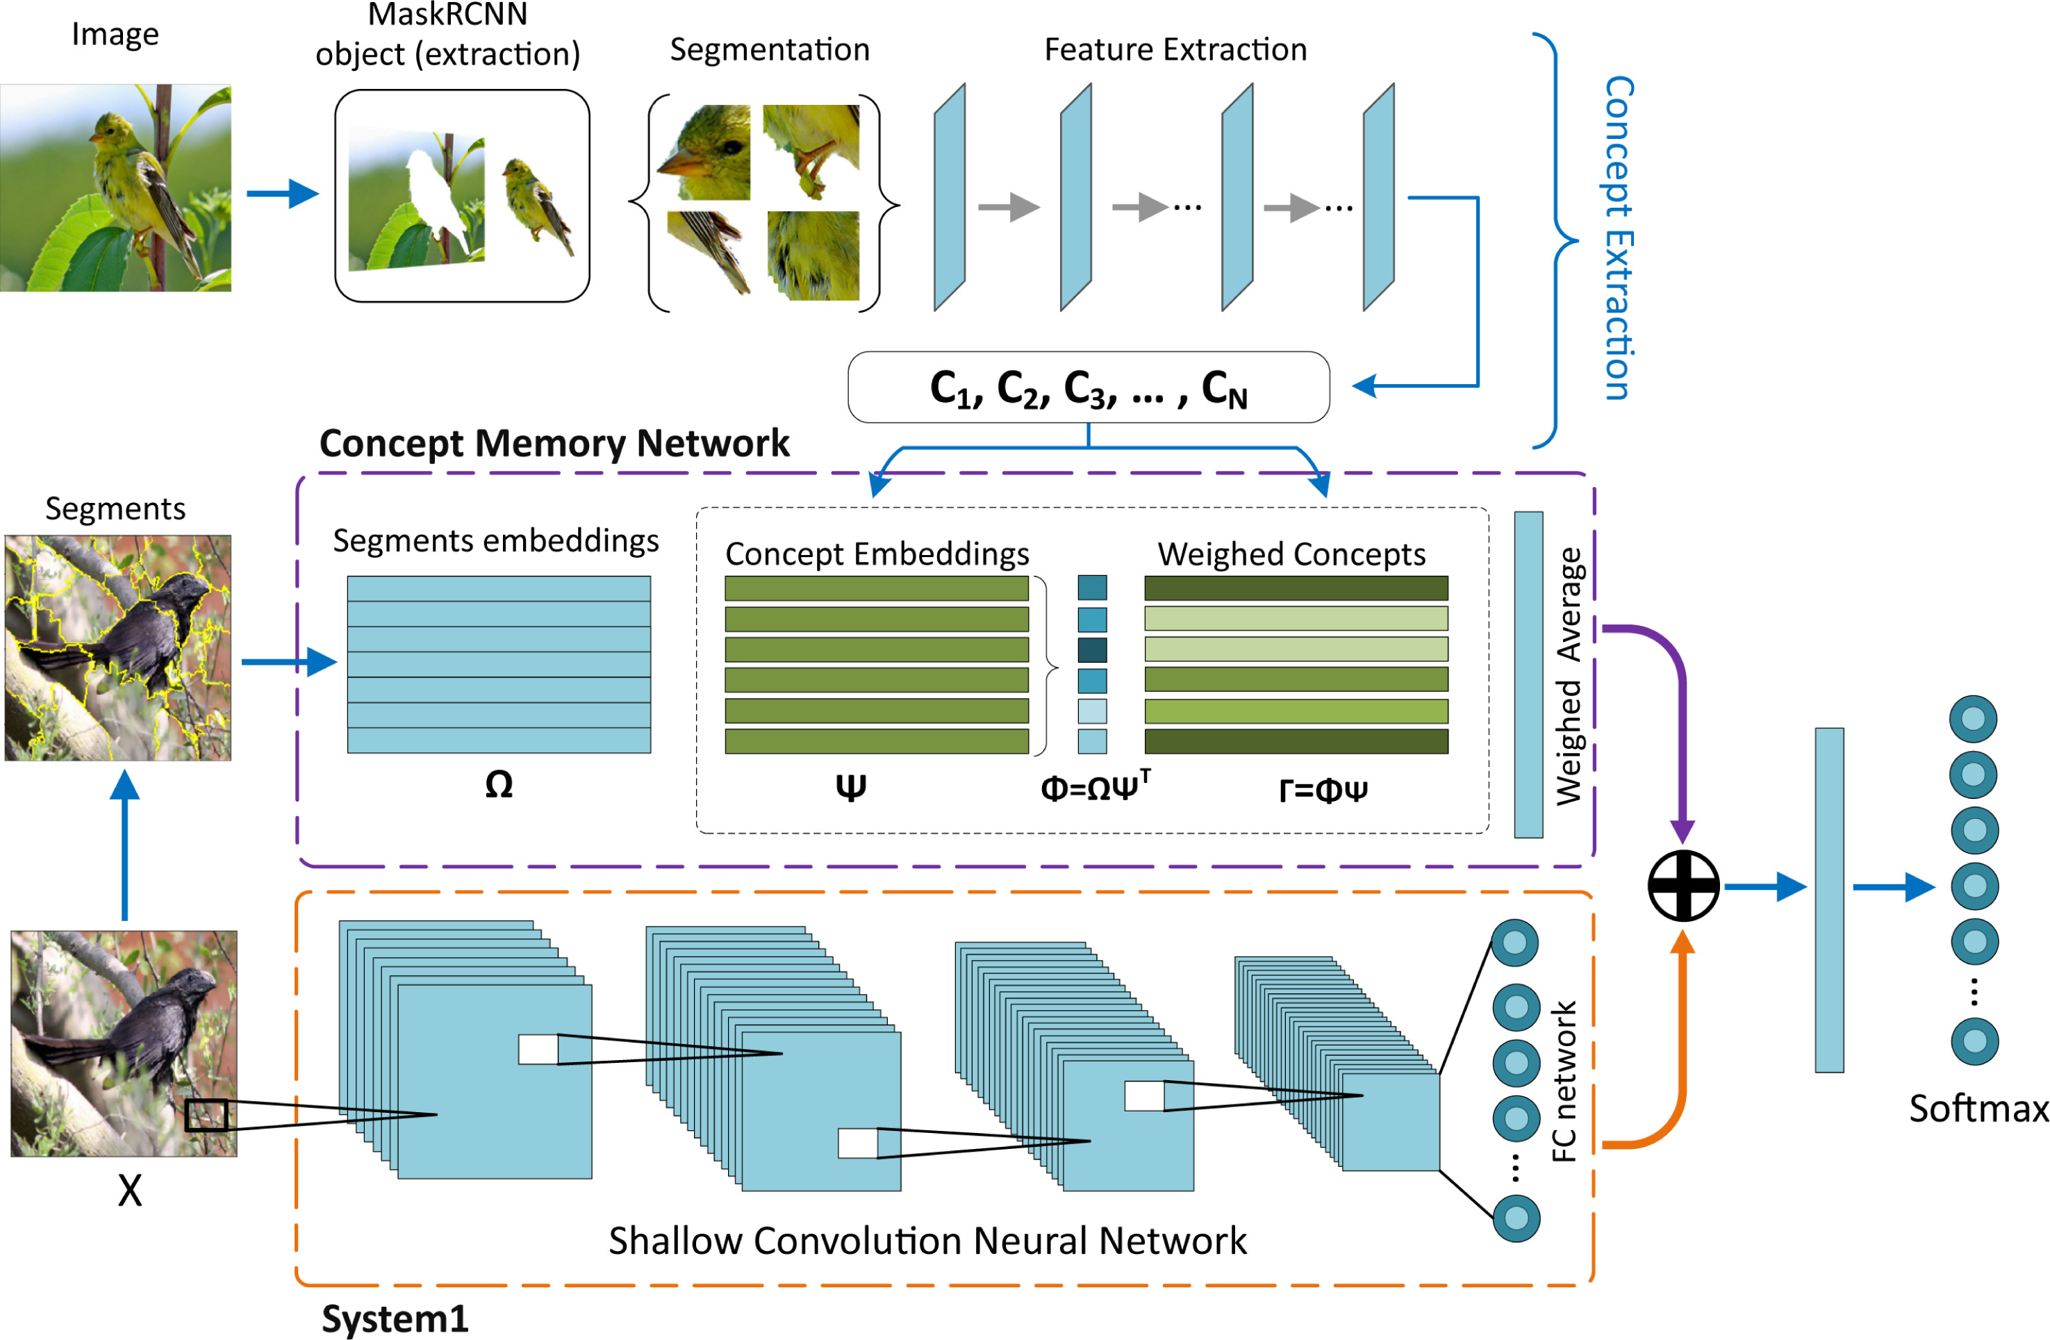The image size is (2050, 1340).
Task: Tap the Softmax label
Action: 1978,1109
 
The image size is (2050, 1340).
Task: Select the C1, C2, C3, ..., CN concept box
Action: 1088,388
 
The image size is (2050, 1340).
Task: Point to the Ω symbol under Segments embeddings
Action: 499,784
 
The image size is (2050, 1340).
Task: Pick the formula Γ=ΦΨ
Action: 1323,789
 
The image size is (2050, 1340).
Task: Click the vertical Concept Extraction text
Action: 1619,238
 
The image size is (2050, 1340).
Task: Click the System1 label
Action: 395,1318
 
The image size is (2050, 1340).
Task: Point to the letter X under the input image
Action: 129,1192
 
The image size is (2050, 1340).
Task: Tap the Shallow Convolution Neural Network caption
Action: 927,1241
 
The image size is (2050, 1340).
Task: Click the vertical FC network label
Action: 1563,1081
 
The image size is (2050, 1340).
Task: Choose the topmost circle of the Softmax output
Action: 1974,719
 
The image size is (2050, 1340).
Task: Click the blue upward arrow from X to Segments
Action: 126,844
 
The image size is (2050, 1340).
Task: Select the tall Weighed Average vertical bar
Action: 1528,675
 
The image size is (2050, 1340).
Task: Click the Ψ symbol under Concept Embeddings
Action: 850,786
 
